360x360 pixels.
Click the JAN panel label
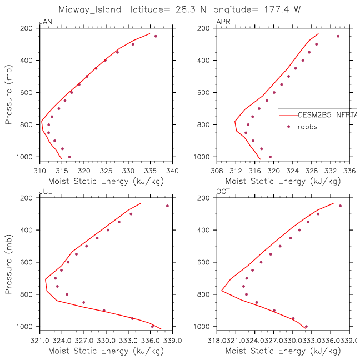[44, 22]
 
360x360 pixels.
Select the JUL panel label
[44, 192]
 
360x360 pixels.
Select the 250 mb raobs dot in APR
[338, 36]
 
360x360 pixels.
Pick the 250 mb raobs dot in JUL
[167, 206]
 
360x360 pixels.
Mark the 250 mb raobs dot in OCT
[340, 206]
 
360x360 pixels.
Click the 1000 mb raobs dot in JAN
[69, 157]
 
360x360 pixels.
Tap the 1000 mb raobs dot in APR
[270, 157]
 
